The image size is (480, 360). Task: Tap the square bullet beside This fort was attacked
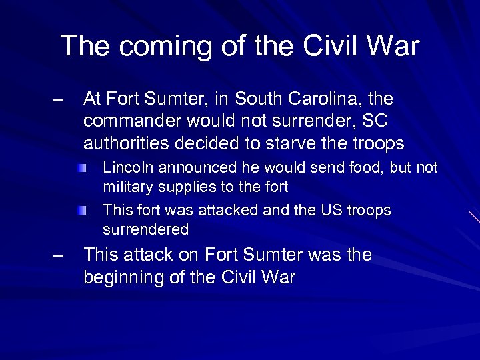point(81,211)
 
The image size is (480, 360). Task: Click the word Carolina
point(324,99)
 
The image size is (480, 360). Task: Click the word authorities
point(127,144)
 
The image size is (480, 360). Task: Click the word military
point(126,187)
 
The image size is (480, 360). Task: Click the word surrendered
point(146,230)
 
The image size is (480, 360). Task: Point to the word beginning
point(124,277)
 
